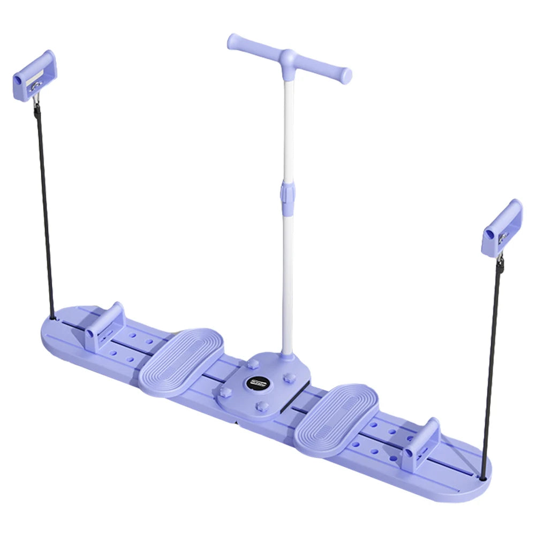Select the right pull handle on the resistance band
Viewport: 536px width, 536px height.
(502, 227)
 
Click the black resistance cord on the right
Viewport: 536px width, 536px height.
(492, 364)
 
